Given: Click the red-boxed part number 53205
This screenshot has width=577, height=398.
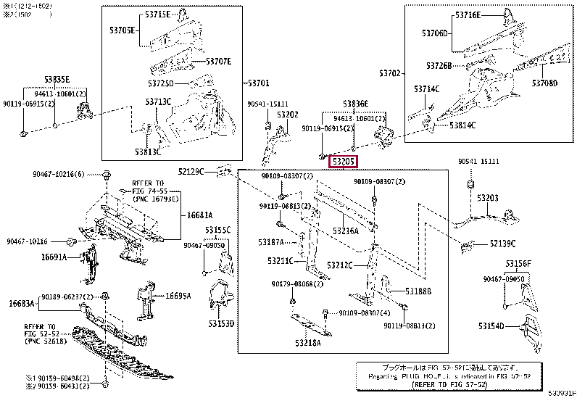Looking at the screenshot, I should tap(344, 162).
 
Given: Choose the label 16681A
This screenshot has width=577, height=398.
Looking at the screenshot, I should tap(199, 215).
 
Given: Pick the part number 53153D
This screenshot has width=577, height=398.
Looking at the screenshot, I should tap(220, 323).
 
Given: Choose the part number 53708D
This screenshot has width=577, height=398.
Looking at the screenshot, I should tap(544, 83).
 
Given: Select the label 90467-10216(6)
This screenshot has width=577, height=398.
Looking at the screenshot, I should tap(58, 174).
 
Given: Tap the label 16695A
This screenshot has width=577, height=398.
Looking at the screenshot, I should tap(178, 296).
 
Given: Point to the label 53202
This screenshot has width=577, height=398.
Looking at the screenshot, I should tap(287, 115).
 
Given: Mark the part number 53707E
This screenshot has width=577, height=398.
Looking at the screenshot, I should tap(217, 62).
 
